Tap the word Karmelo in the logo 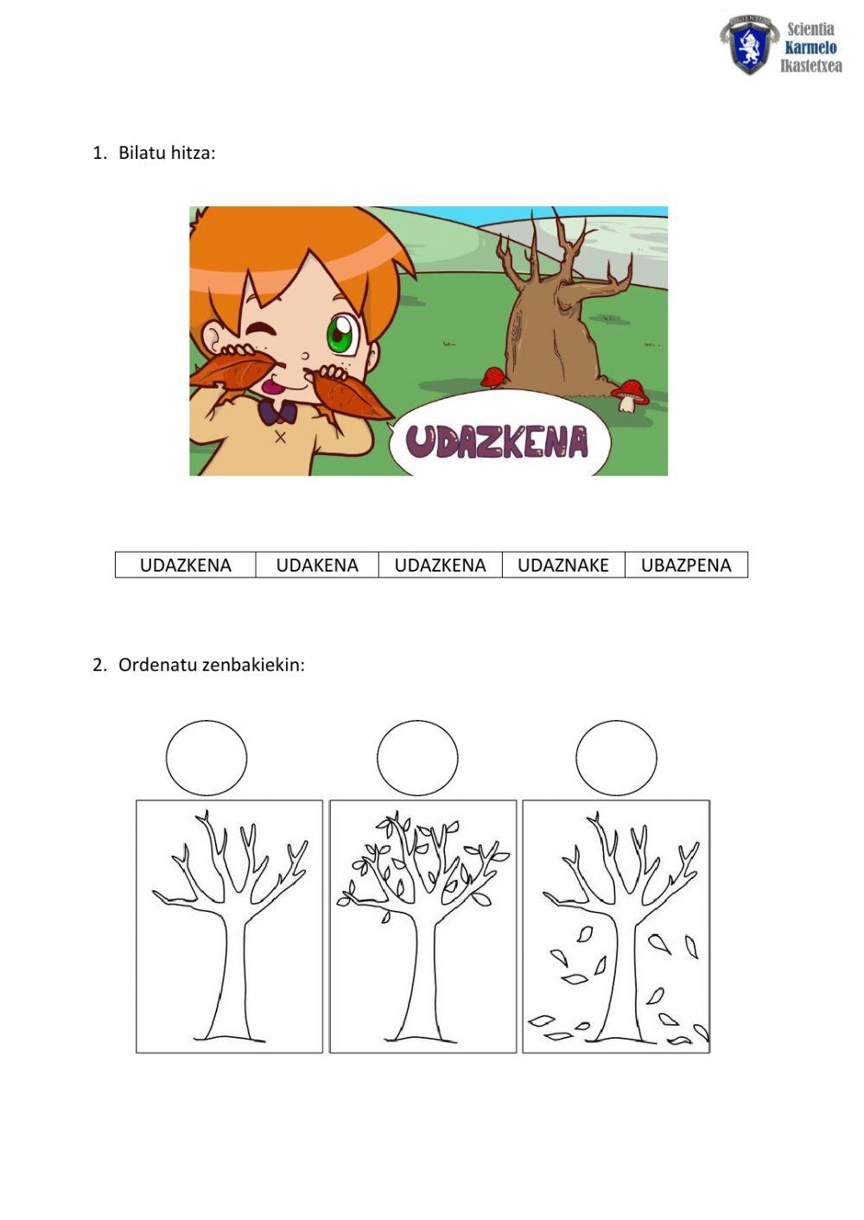point(810,47)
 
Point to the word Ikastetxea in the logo point(811,66)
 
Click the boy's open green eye point(340,333)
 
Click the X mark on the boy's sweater point(280,437)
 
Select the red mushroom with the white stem point(631,395)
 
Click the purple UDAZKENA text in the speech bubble point(497,442)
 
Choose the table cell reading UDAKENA point(317,565)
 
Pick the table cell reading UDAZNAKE point(563,565)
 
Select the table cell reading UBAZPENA point(686,565)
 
